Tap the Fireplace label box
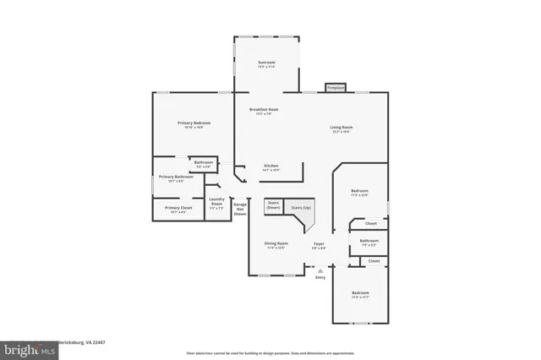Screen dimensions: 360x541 (336, 87)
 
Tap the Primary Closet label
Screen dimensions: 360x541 (178, 210)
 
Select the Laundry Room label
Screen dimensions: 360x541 (216, 204)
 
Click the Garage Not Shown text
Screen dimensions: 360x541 (240, 209)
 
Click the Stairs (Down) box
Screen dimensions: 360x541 (273, 205)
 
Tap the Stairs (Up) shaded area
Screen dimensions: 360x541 (301, 208)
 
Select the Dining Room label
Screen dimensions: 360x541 (276, 246)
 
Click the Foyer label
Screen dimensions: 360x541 (319, 246)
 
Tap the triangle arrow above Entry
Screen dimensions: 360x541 (320, 270)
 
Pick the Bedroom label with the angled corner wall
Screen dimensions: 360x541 (360, 194)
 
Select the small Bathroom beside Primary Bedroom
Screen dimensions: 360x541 (204, 163)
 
